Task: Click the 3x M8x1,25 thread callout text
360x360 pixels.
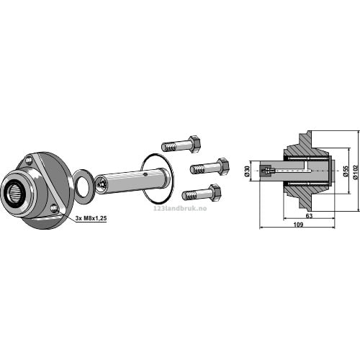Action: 91,218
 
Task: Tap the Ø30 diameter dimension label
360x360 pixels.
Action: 247,171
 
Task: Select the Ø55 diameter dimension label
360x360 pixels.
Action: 346,171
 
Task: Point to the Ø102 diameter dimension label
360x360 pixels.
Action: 356,171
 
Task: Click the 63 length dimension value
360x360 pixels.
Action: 309,216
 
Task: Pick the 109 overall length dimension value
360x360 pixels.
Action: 298,225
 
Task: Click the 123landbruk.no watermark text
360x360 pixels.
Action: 180,208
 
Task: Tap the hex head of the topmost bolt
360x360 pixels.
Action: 194,143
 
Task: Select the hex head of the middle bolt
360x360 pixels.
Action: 223,166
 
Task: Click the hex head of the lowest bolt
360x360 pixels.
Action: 215,192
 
